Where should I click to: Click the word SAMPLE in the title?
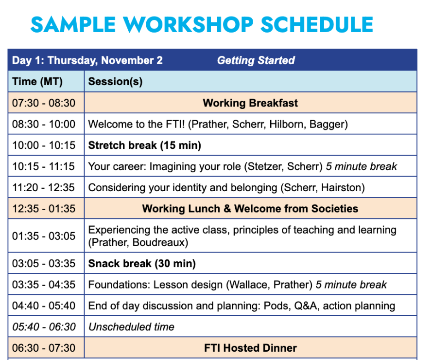pyautogui.click(x=73, y=24)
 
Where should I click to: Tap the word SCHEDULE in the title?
pyautogui.click(x=317, y=24)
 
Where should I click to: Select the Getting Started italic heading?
pyautogui.click(x=256, y=60)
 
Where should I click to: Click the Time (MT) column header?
pyautogui.click(x=37, y=82)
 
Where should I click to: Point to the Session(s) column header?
pyautogui.click(x=115, y=82)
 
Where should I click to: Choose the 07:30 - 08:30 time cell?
pyautogui.click(x=44, y=103)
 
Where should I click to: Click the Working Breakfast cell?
pyautogui.click(x=250, y=103)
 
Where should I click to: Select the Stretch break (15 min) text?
pyautogui.click(x=145, y=145)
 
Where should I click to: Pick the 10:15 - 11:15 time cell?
pyautogui.click(x=44, y=166)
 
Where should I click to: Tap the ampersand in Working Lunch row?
pyautogui.click(x=227, y=209)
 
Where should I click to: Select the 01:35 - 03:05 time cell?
pyautogui.click(x=44, y=236)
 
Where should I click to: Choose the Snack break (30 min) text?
pyautogui.click(x=142, y=264)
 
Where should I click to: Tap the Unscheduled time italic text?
pyautogui.click(x=131, y=327)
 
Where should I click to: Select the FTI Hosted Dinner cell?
pyautogui.click(x=250, y=348)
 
